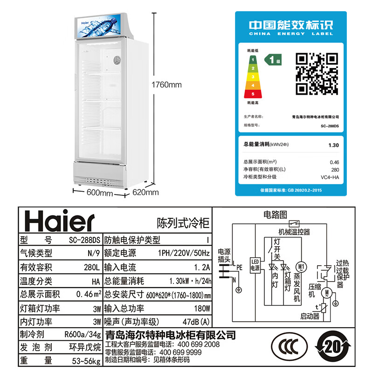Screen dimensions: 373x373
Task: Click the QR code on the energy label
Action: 317,73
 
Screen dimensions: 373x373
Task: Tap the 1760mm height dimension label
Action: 166,85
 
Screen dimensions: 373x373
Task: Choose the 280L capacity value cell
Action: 91,268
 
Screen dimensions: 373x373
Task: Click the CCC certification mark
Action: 288,349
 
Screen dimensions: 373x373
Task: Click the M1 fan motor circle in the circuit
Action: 301,267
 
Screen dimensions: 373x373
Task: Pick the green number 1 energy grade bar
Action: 253,60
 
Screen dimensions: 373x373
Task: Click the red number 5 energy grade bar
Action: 253,94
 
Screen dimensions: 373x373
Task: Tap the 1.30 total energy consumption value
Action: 333,145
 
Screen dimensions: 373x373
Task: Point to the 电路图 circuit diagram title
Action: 275,214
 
